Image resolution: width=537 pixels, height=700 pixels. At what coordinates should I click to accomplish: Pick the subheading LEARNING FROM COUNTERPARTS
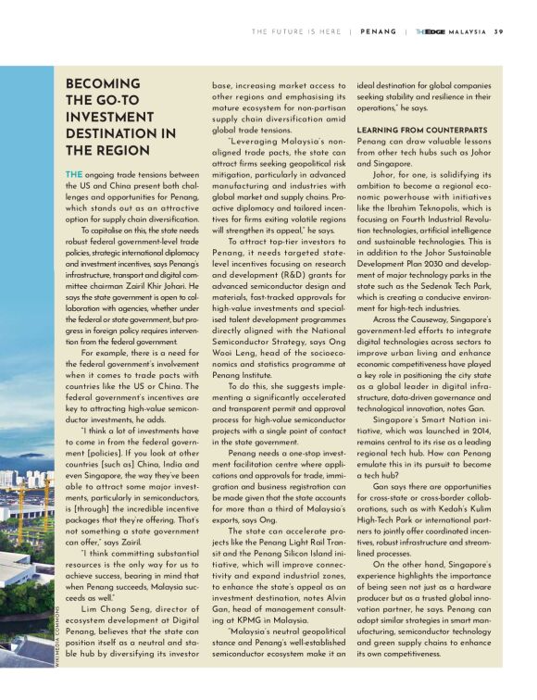(422, 129)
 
